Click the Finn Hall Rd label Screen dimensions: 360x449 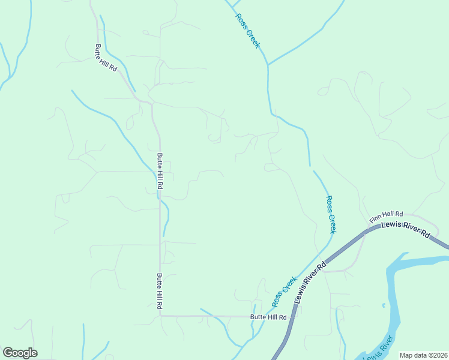[386, 216]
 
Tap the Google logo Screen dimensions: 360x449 [20, 353]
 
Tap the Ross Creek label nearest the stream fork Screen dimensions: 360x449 [248, 31]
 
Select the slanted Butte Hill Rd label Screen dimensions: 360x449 [105, 59]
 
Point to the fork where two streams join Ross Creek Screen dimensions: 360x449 [268, 64]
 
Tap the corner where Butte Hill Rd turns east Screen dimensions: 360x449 [160, 315]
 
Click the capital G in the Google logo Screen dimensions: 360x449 [8, 353]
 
